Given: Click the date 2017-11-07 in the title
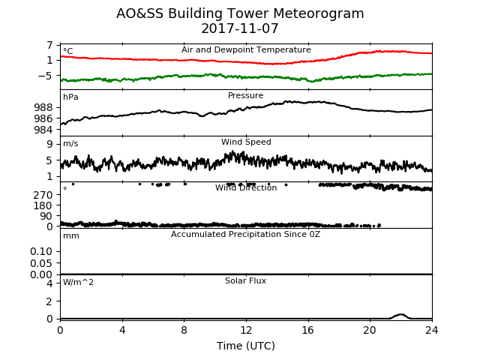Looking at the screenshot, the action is (x=240, y=28).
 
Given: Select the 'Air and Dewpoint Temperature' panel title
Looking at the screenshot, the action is (x=246, y=49).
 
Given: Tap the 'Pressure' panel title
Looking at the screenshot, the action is (x=245, y=95).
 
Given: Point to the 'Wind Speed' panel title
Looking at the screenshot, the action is (x=246, y=142).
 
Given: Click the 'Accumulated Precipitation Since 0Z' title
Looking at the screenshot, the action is (x=245, y=235).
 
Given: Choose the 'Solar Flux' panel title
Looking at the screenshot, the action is (x=245, y=280).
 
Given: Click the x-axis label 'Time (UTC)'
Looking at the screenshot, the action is (x=246, y=346).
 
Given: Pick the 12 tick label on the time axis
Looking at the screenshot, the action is (x=246, y=330).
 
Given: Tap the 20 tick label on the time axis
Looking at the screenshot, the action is (x=370, y=330).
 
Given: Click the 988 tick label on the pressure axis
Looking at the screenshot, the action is (x=43, y=107).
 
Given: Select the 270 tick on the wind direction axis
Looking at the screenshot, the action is (x=43, y=195).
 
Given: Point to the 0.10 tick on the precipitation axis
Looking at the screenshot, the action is (x=41, y=252).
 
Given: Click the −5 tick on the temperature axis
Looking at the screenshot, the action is (x=45, y=76).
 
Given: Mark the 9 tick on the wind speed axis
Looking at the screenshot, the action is (x=49, y=144).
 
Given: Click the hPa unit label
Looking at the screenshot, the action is (x=70, y=97).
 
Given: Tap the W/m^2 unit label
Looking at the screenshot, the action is (x=78, y=282).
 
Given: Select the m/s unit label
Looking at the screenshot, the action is (x=70, y=143).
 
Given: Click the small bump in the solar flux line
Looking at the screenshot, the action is (x=400, y=315).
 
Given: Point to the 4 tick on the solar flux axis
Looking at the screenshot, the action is (x=49, y=283).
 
